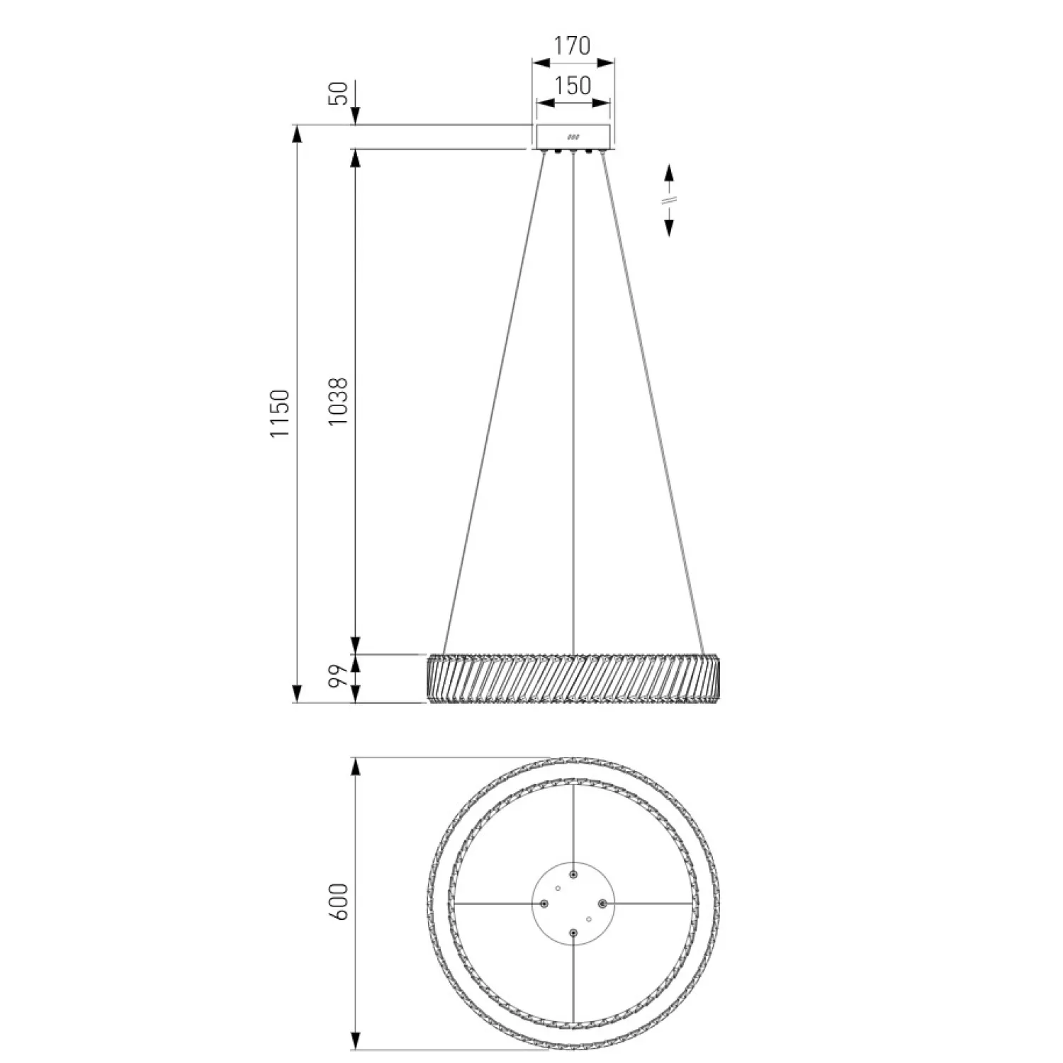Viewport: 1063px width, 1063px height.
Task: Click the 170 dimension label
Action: pos(572,45)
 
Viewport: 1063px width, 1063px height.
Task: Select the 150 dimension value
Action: pos(572,85)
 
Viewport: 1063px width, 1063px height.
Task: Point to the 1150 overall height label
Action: pos(281,413)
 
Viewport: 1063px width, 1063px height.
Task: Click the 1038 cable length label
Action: pos(339,400)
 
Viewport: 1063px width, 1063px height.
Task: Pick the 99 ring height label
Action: pos(339,678)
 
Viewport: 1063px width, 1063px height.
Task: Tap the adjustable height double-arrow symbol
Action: pos(669,200)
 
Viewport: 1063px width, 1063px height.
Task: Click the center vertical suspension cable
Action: pos(573,404)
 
